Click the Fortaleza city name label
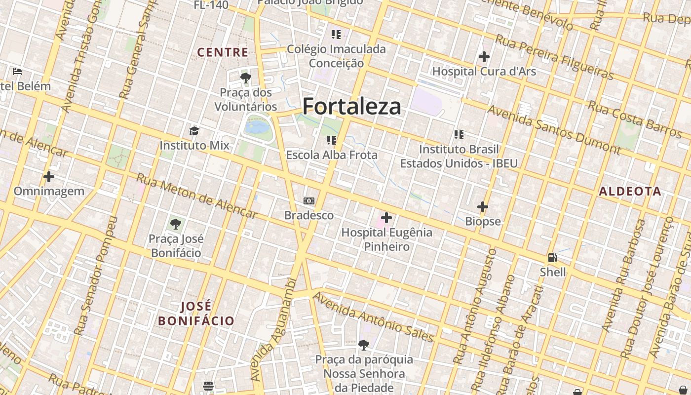pos(351,106)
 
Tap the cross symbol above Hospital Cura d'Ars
pos(484,57)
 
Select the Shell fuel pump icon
pos(552,257)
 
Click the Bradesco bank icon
pos(309,201)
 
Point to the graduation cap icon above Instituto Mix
pos(194,131)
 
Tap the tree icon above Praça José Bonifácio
pos(175,224)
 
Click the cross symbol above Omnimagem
pos(49,176)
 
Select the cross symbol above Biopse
pos(483,207)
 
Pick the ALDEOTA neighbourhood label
pos(630,192)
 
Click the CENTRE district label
pos(223,52)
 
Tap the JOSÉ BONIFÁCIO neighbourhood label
pos(196,314)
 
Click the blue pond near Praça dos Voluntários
pos(257,127)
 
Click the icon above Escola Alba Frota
pos(332,140)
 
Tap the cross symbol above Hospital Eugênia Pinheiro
pos(386,217)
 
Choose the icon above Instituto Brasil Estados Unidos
pos(459,134)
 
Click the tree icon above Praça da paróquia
pos(364,345)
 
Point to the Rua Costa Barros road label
pos(635,119)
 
